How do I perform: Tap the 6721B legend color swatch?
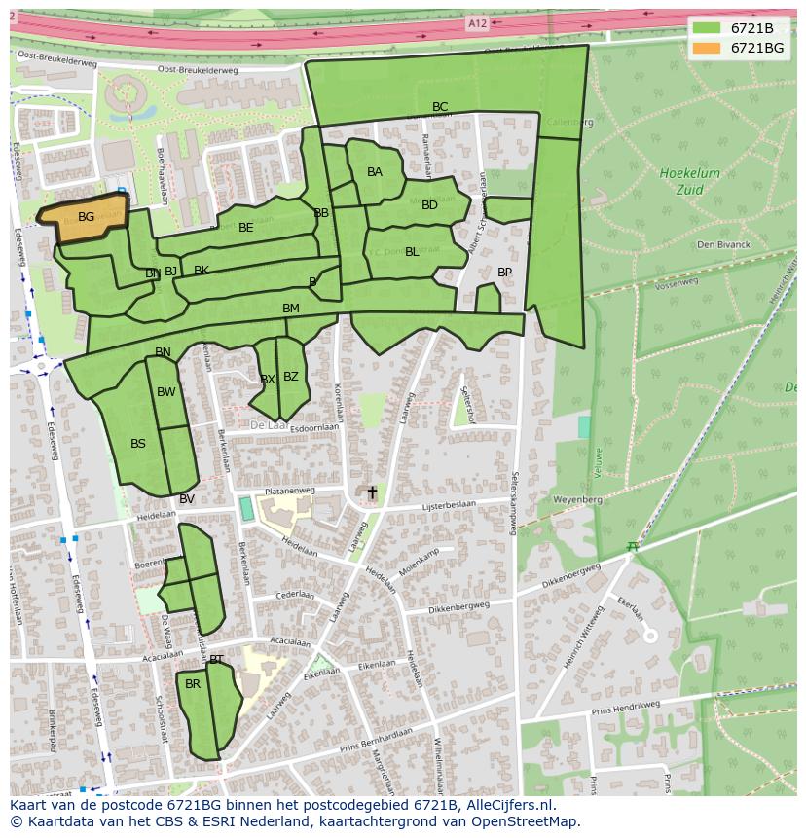[x=707, y=28]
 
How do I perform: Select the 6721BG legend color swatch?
[x=707, y=48]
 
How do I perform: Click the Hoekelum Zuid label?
[x=689, y=181]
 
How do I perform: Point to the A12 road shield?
[x=477, y=22]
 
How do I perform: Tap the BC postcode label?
[x=440, y=107]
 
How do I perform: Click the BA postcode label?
[x=375, y=172]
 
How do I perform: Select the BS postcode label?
[x=138, y=444]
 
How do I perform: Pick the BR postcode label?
[x=193, y=684]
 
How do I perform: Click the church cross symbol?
[x=371, y=493]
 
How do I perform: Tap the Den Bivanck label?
[x=723, y=244]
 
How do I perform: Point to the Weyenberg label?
[x=578, y=498]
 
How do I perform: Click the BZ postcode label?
[x=291, y=377]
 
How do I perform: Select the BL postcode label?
[x=412, y=252]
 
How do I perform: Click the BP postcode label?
[x=504, y=273]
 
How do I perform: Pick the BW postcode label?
[x=166, y=392]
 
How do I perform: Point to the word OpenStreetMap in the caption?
[x=524, y=821]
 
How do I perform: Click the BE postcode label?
[x=246, y=228]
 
